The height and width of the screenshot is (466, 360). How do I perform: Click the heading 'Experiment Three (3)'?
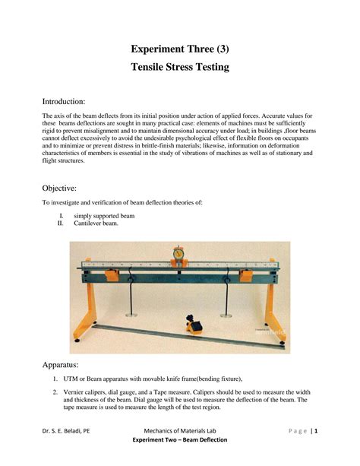coord(180,49)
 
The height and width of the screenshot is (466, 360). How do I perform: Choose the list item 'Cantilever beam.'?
coord(99,225)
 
